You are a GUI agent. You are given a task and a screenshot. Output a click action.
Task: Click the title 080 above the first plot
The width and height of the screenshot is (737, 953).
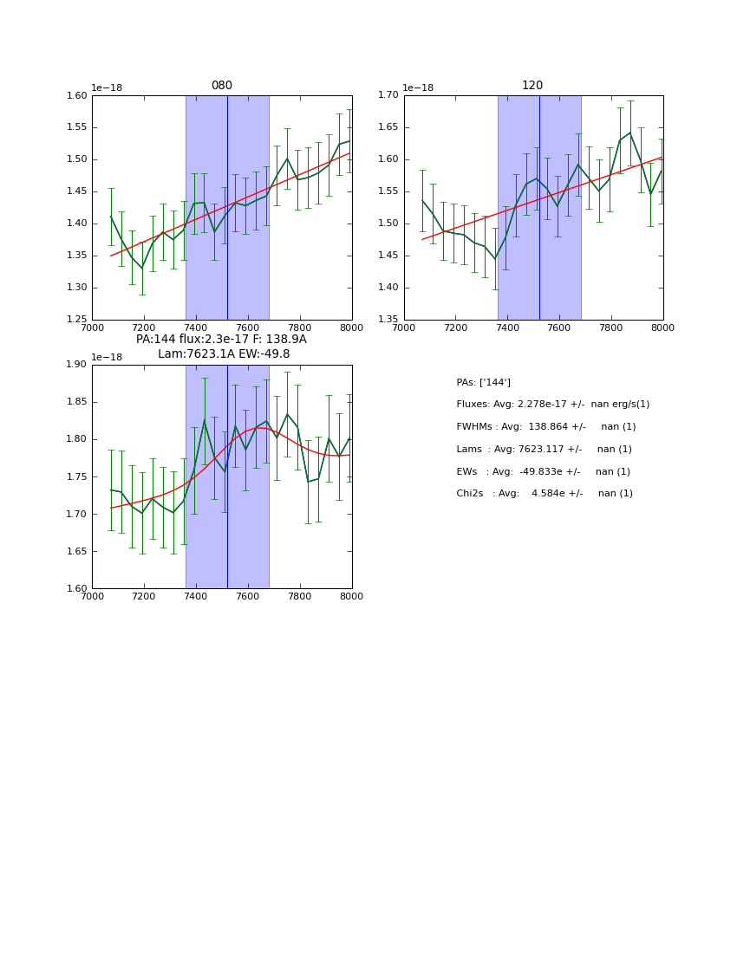coord(221,86)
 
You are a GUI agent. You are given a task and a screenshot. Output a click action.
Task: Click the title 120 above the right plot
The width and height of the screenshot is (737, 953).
coord(532,86)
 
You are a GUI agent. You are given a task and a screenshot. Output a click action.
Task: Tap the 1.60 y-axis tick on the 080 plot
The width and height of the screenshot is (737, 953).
coord(77,96)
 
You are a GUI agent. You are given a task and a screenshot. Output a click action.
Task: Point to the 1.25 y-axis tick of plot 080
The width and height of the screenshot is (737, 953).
coord(77,320)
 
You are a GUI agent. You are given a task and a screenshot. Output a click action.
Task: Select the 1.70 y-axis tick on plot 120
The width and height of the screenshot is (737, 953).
coord(388,96)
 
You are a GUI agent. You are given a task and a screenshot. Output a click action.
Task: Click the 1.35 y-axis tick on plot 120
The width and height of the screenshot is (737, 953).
coord(388,320)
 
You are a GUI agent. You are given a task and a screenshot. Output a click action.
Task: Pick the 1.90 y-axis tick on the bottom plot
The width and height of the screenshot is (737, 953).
coord(77,365)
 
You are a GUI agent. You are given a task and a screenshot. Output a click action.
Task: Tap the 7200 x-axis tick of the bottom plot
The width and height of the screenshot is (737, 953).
coord(144,596)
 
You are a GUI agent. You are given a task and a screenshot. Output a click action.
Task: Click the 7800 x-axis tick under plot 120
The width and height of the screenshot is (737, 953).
coord(611,327)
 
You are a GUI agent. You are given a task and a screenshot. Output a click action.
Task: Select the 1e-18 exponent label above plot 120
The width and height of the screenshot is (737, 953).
coord(418,88)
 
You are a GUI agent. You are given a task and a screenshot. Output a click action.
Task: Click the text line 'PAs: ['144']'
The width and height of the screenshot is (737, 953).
coord(483,382)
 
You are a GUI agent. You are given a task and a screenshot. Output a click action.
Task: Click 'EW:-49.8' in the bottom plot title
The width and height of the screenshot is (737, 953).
coord(261,353)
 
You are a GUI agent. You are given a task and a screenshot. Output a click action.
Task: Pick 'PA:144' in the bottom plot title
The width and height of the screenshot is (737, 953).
coord(156,339)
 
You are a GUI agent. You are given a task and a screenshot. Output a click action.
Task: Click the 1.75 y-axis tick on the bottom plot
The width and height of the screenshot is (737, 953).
coord(77,476)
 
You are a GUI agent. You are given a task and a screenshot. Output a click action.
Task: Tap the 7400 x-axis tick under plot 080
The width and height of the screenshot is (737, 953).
coord(196,327)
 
